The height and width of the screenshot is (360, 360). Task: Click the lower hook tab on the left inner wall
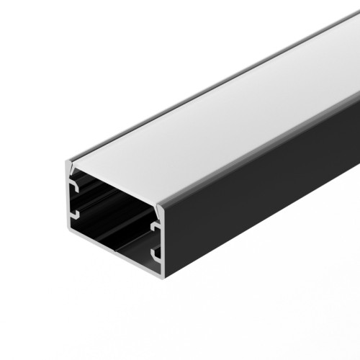pos(74,214)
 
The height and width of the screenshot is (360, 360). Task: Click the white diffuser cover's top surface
pos(216,108)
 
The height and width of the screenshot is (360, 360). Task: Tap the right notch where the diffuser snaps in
pos(159,206)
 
